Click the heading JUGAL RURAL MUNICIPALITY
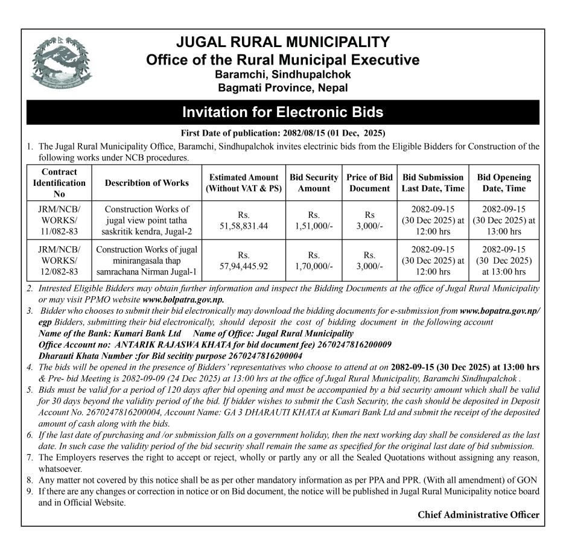[x=282, y=43]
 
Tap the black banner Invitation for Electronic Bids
[x=282, y=112]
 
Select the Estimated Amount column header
[x=244, y=183]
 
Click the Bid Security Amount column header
[x=314, y=183]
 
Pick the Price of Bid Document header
[x=369, y=183]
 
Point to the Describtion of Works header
[x=147, y=183]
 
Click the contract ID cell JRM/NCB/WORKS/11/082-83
[x=59, y=220]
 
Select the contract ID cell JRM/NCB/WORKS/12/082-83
[x=59, y=261]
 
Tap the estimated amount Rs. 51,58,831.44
[x=244, y=220]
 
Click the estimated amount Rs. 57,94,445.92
[x=244, y=261]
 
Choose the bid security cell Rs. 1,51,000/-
[x=314, y=220]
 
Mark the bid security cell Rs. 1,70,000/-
[x=314, y=261]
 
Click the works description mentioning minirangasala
[x=147, y=261]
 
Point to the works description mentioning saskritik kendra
[x=147, y=220]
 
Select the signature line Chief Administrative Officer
[x=478, y=515]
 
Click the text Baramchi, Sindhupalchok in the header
[x=282, y=74]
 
